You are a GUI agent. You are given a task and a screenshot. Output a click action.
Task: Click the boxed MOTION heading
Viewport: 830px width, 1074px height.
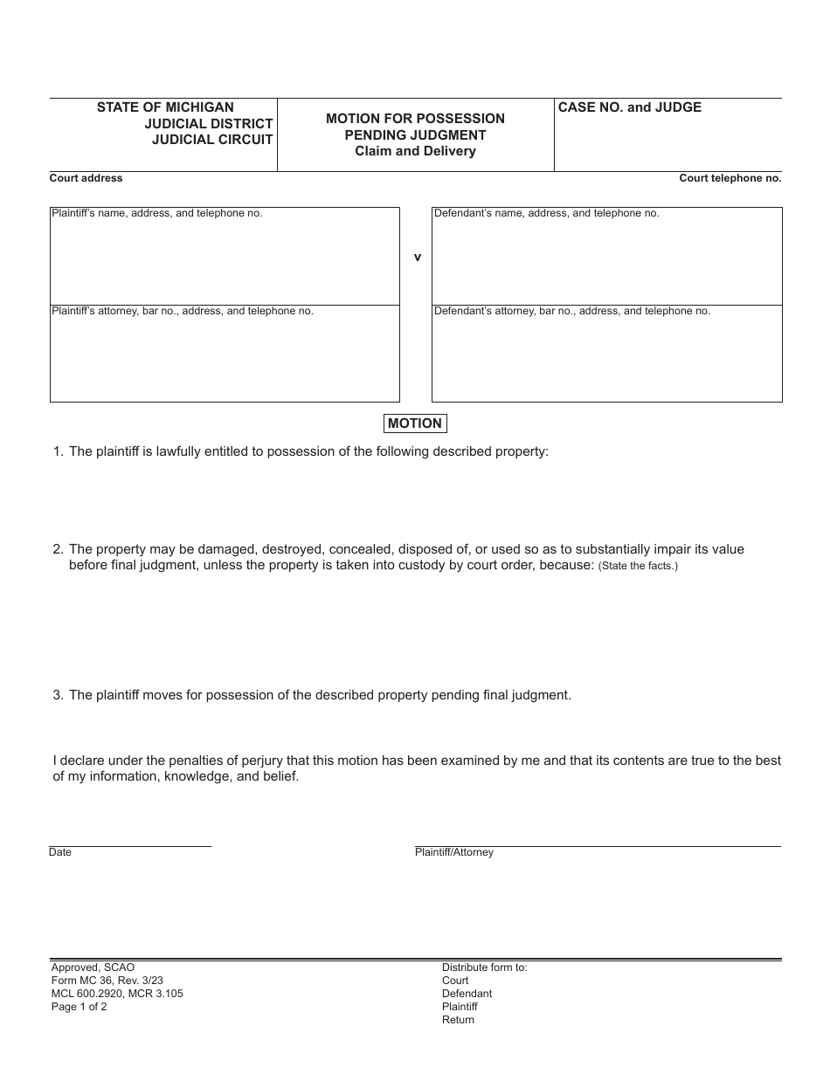click(x=415, y=423)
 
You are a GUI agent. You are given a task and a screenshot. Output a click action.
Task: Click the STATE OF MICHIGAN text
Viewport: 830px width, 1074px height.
click(x=165, y=107)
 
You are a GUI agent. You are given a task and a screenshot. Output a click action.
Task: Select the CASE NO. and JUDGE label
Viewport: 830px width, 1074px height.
click(x=629, y=107)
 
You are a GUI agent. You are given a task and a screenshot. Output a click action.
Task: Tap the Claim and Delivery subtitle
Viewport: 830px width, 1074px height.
click(x=415, y=151)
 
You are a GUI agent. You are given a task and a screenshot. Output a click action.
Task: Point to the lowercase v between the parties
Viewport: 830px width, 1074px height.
click(x=417, y=258)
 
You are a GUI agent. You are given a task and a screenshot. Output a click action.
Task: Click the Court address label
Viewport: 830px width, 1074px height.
click(x=86, y=178)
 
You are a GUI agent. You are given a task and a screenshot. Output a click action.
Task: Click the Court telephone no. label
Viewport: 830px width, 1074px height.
click(x=730, y=178)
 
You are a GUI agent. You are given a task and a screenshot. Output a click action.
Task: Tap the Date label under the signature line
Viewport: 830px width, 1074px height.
click(x=60, y=852)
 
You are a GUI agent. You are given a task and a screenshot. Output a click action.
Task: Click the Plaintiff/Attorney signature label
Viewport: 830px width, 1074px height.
click(x=453, y=852)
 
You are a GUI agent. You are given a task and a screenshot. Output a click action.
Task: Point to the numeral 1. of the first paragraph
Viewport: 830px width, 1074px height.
click(x=59, y=451)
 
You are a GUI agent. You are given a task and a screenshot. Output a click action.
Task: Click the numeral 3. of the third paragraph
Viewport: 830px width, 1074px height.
click(x=59, y=695)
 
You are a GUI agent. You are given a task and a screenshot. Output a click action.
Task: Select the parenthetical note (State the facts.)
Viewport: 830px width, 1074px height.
click(x=638, y=566)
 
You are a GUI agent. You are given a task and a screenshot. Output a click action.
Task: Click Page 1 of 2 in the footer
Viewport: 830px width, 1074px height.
click(x=79, y=1007)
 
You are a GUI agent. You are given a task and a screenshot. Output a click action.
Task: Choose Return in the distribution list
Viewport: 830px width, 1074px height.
click(x=458, y=1020)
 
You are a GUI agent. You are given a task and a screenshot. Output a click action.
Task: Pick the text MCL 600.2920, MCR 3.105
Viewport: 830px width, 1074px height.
click(x=117, y=994)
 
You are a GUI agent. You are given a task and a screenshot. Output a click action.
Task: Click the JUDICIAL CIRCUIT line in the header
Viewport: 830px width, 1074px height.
click(x=212, y=140)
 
